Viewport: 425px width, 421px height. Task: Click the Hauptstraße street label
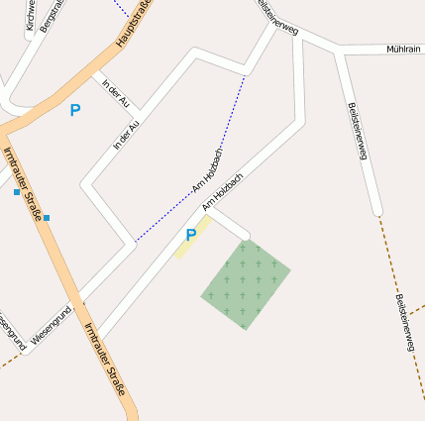pos(139,22)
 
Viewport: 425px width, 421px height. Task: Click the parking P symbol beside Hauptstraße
pos(74,111)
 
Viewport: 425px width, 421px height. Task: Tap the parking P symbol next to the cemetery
pos(190,236)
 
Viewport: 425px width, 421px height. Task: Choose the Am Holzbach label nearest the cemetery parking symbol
pos(223,192)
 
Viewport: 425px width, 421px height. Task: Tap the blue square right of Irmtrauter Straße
pos(47,218)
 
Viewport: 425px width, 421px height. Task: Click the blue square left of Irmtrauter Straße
pos(17,192)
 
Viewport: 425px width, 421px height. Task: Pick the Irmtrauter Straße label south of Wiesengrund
pos(105,361)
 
